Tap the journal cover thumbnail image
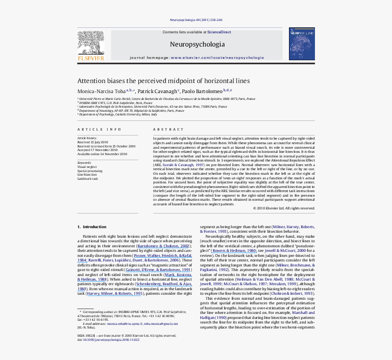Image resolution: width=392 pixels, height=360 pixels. pos(302,44)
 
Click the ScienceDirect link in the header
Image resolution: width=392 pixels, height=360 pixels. pos(219,32)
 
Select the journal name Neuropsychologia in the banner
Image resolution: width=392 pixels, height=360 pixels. pos(197,45)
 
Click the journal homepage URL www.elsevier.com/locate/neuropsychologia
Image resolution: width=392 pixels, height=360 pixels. pos(217,58)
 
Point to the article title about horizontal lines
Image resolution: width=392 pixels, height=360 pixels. pos(163,81)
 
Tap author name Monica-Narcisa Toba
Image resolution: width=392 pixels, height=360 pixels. pos(101,91)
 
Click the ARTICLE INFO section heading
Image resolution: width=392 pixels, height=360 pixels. pos(99,130)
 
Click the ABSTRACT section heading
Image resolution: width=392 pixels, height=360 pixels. pos(169,130)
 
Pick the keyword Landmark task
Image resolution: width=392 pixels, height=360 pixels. pos(88,178)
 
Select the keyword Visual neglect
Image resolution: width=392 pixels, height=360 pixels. pos(87,167)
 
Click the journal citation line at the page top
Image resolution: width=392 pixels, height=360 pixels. pos(196,20)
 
